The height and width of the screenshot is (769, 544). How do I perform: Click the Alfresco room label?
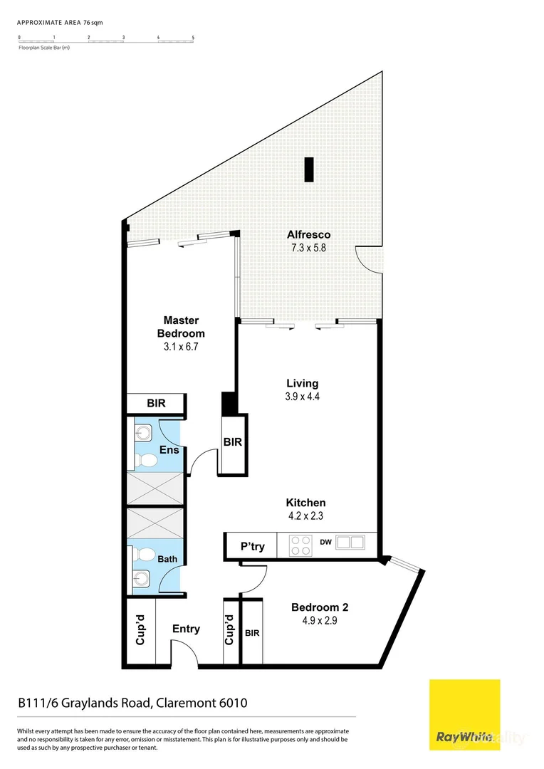[308, 234]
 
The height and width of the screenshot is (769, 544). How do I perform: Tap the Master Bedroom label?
[181, 327]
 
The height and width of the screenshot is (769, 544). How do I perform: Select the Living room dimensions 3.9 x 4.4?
[303, 397]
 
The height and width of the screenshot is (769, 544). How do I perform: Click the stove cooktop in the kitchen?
[300, 545]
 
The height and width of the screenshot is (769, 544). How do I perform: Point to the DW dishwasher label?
[325, 543]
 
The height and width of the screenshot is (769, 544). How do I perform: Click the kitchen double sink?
[350, 543]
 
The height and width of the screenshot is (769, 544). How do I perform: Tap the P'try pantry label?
[252, 547]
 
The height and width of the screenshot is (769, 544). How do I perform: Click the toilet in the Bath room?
[147, 555]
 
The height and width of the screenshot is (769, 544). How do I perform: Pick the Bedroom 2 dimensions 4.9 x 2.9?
[320, 622]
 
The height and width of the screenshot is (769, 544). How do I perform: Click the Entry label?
[186, 629]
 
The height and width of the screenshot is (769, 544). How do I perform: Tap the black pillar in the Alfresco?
[308, 169]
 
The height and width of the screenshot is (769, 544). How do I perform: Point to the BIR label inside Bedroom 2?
[252, 632]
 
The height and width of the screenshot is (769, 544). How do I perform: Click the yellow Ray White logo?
[464, 715]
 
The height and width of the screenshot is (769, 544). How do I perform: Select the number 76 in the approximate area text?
[88, 23]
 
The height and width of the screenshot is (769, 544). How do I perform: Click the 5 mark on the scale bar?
[193, 36]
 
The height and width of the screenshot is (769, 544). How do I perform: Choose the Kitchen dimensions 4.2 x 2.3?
[306, 516]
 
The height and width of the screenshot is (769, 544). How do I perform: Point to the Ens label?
[169, 450]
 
